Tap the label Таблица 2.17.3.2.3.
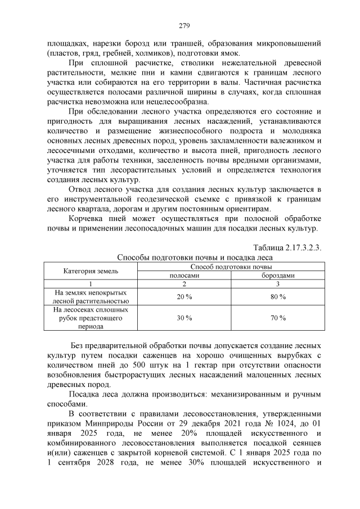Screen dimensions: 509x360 pos(287,248)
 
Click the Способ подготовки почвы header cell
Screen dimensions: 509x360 pos(231,266)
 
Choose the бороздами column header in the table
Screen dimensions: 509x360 pos(277,275)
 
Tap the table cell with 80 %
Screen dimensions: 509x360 pos(277,296)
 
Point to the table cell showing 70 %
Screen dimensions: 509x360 pos(277,318)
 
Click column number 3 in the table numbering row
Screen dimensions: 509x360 pos(277,284)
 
